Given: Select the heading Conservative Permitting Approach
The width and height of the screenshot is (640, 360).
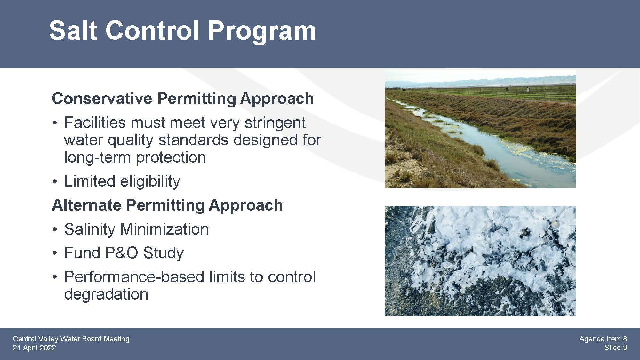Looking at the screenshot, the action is pyautogui.click(x=183, y=99).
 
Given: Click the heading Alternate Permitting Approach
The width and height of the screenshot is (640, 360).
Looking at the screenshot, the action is pyautogui.click(x=167, y=205).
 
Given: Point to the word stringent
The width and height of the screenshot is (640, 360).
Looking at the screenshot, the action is pyautogui.click(x=275, y=123).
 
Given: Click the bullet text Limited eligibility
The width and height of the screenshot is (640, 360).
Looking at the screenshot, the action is pyautogui.click(x=122, y=181).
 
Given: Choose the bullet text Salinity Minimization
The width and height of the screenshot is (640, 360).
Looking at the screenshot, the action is pyautogui.click(x=136, y=229).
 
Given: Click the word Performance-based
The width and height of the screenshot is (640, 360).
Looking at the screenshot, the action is pyautogui.click(x=134, y=277).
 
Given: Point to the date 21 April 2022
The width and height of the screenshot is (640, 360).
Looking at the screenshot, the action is pyautogui.click(x=34, y=348).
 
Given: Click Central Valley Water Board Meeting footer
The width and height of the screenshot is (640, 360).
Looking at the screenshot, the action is pyautogui.click(x=71, y=339).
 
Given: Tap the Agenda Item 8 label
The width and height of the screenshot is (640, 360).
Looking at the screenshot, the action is pyautogui.click(x=603, y=339).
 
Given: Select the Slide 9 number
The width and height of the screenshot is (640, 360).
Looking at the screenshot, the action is pyautogui.click(x=616, y=348).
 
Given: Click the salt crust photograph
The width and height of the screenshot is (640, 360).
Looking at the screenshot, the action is pyautogui.click(x=480, y=261).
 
